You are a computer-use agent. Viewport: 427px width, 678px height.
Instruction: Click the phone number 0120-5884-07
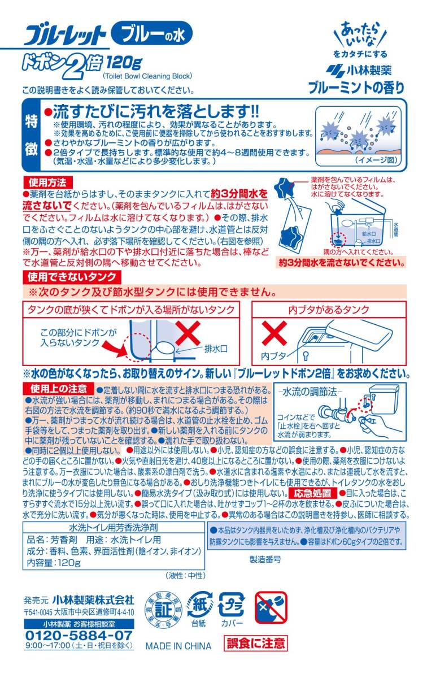coord(79,635)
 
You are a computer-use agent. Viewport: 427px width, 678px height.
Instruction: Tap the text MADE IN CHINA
coord(178,646)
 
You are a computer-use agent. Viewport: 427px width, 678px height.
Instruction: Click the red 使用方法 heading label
coord(47,182)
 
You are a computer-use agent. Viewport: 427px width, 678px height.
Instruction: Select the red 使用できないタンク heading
coord(72,277)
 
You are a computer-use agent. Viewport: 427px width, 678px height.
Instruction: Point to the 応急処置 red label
coord(312,493)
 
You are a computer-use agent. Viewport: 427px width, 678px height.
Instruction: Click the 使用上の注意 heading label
coord(59,389)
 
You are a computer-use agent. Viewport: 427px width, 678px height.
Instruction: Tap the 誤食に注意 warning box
coord(256,643)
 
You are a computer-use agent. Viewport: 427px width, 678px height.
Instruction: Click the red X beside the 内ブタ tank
coord(274,333)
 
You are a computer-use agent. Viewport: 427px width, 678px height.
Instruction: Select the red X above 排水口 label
coord(188,333)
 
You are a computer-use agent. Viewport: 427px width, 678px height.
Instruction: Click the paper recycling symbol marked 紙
coord(199,605)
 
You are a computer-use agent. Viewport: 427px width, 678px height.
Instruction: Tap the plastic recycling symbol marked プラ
coord(232,605)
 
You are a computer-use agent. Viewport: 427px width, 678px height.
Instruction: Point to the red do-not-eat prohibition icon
coord(271,607)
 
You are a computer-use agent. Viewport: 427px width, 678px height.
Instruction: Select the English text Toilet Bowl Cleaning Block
coord(147,76)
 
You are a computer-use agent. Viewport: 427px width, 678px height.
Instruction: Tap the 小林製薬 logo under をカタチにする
coord(359,70)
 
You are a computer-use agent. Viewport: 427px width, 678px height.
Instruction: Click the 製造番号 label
coord(265,560)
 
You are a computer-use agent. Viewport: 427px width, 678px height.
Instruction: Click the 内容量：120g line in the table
coord(54,563)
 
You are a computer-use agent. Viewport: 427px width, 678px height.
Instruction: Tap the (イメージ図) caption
coord(376,160)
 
